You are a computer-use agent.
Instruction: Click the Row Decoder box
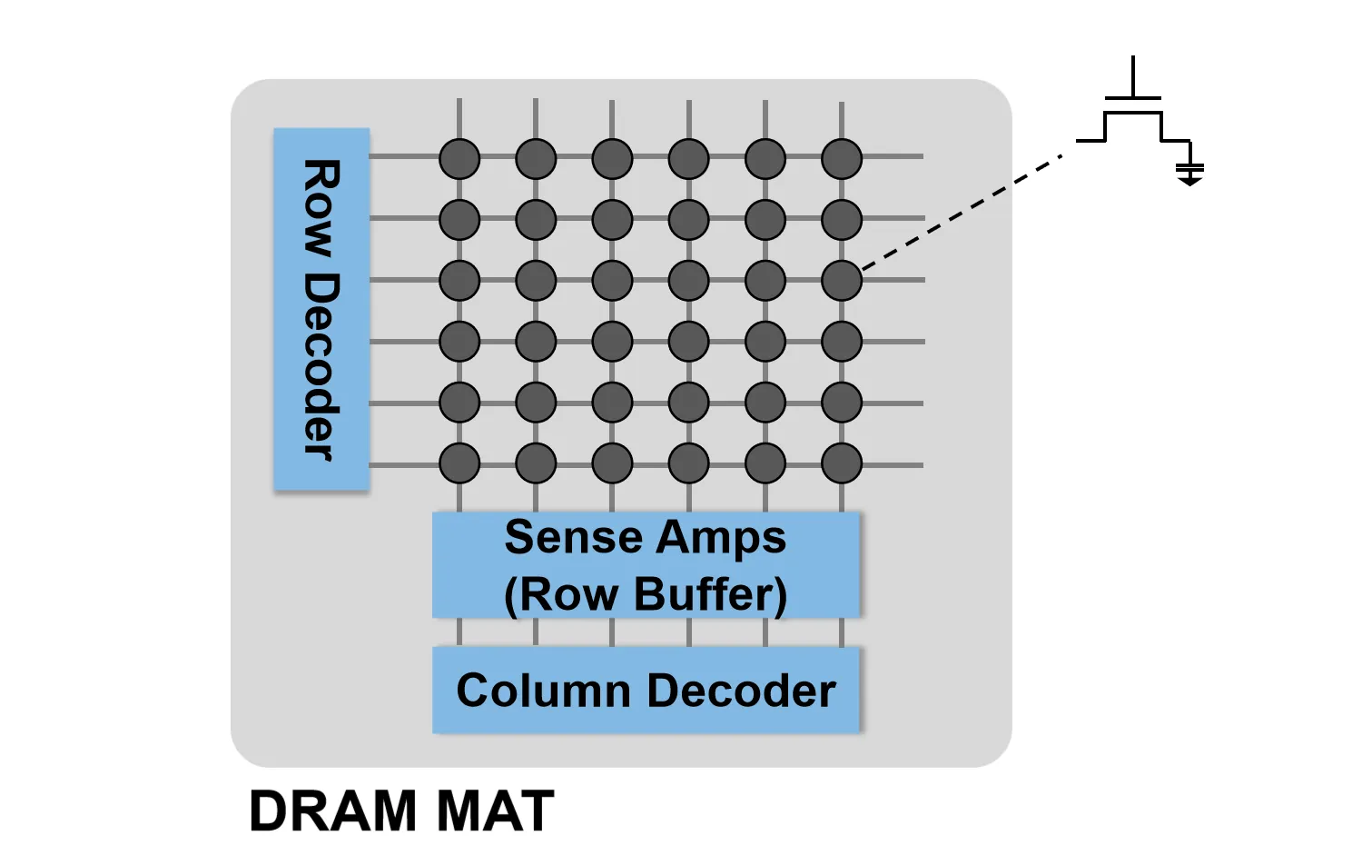pyautogui.click(x=321, y=309)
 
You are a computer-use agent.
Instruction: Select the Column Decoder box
pyautogui.click(x=646, y=690)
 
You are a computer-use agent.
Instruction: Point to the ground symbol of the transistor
pyautogui.click(x=1189, y=173)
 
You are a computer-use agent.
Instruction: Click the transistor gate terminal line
pyautogui.click(x=1133, y=76)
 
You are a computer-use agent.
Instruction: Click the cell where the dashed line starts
pyautogui.click(x=842, y=281)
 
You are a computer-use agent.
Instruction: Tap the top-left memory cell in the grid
pyautogui.click(x=459, y=159)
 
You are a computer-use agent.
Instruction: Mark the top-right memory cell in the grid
pyautogui.click(x=842, y=159)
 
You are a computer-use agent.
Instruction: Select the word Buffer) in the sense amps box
pyautogui.click(x=711, y=594)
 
